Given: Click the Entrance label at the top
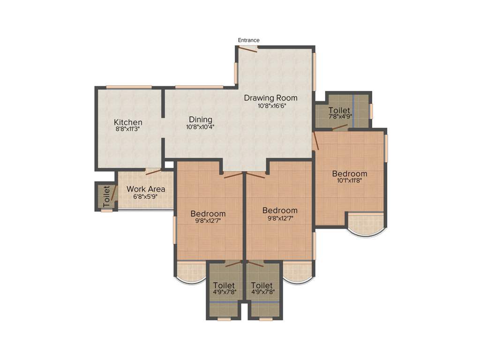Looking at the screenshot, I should pyautogui.click(x=248, y=40).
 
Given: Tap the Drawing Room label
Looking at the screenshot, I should pyautogui.click(x=271, y=98).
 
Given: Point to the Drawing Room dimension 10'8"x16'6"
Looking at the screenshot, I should pyautogui.click(x=271, y=106).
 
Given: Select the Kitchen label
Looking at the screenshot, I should pyautogui.click(x=128, y=122).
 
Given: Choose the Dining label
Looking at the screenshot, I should pyautogui.click(x=201, y=120).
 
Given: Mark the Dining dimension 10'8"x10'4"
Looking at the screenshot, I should pyautogui.click(x=201, y=127).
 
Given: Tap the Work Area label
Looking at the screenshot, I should pyautogui.click(x=146, y=189).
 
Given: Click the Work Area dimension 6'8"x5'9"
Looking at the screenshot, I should pyautogui.click(x=146, y=196).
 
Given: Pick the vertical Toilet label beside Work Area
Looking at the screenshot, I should pyautogui.click(x=106, y=197).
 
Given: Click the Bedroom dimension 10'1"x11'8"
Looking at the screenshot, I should pyautogui.click(x=349, y=180).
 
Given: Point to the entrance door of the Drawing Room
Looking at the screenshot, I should pyautogui.click(x=247, y=49).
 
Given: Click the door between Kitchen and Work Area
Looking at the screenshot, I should pyautogui.click(x=153, y=171).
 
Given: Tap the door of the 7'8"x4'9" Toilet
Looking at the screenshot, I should pyautogui.click(x=339, y=127).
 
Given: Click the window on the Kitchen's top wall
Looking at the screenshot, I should pyautogui.click(x=129, y=87).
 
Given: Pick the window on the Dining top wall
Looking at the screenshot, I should pyautogui.click(x=199, y=87).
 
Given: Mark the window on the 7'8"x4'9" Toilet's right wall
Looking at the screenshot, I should pyautogui.click(x=371, y=111).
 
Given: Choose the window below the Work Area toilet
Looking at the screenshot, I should pyautogui.click(x=107, y=210).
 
